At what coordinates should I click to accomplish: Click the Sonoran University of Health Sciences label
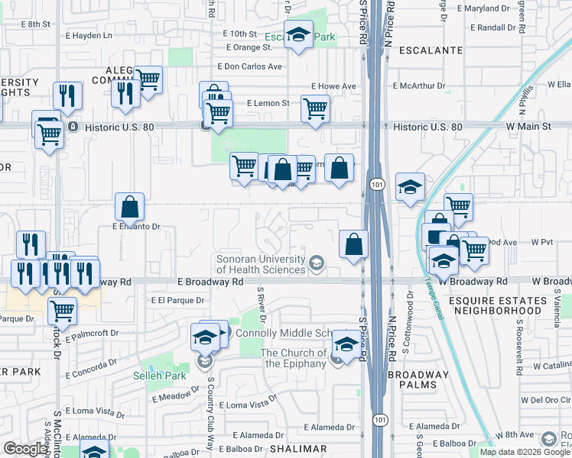(260, 263)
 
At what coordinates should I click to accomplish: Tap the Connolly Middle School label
(283, 334)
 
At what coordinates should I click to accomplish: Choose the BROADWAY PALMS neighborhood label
(424, 379)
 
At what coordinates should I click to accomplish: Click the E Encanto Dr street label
(135, 227)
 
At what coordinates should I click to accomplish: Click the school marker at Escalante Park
(299, 34)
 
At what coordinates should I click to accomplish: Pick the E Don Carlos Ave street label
(250, 66)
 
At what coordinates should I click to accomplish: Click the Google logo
(25, 449)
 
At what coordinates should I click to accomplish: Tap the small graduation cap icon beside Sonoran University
(315, 264)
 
